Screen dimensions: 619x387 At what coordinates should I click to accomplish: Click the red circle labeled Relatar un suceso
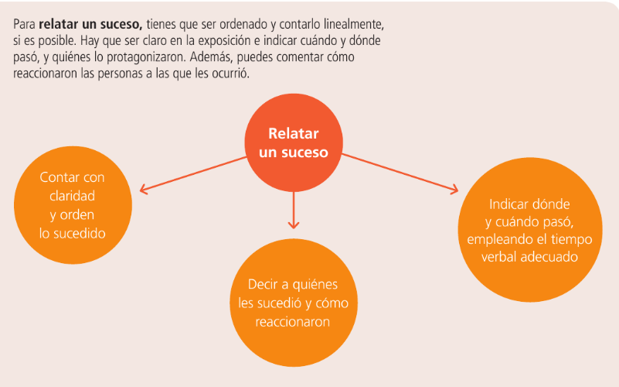click(293, 143)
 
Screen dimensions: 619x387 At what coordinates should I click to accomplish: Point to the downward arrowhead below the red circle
click(293, 224)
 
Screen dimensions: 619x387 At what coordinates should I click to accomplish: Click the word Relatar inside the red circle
click(294, 134)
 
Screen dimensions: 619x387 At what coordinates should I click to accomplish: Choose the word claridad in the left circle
click(72, 196)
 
